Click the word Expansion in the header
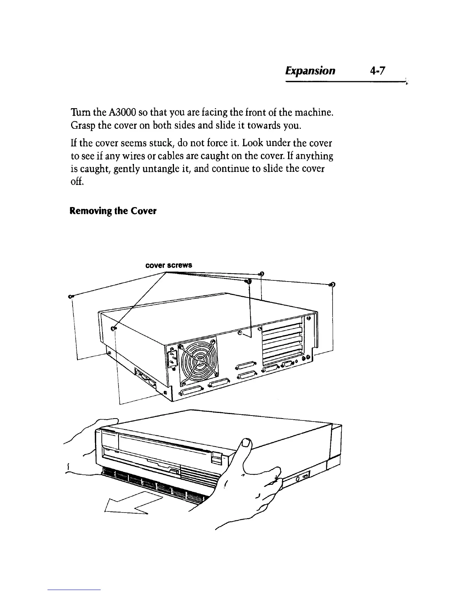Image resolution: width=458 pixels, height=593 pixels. coord(310,70)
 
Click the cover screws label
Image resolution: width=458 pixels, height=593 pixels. coord(168,265)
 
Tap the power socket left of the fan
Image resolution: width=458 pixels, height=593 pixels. coord(171,359)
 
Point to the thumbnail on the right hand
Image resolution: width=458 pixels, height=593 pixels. coord(246,444)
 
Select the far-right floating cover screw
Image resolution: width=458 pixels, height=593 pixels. coord(332,285)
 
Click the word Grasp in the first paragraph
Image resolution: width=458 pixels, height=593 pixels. coord(82,125)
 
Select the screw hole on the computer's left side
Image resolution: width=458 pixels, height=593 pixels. coord(115,328)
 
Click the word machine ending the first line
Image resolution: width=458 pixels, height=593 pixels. coord(313,112)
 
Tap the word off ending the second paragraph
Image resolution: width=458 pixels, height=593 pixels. coord(76,182)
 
